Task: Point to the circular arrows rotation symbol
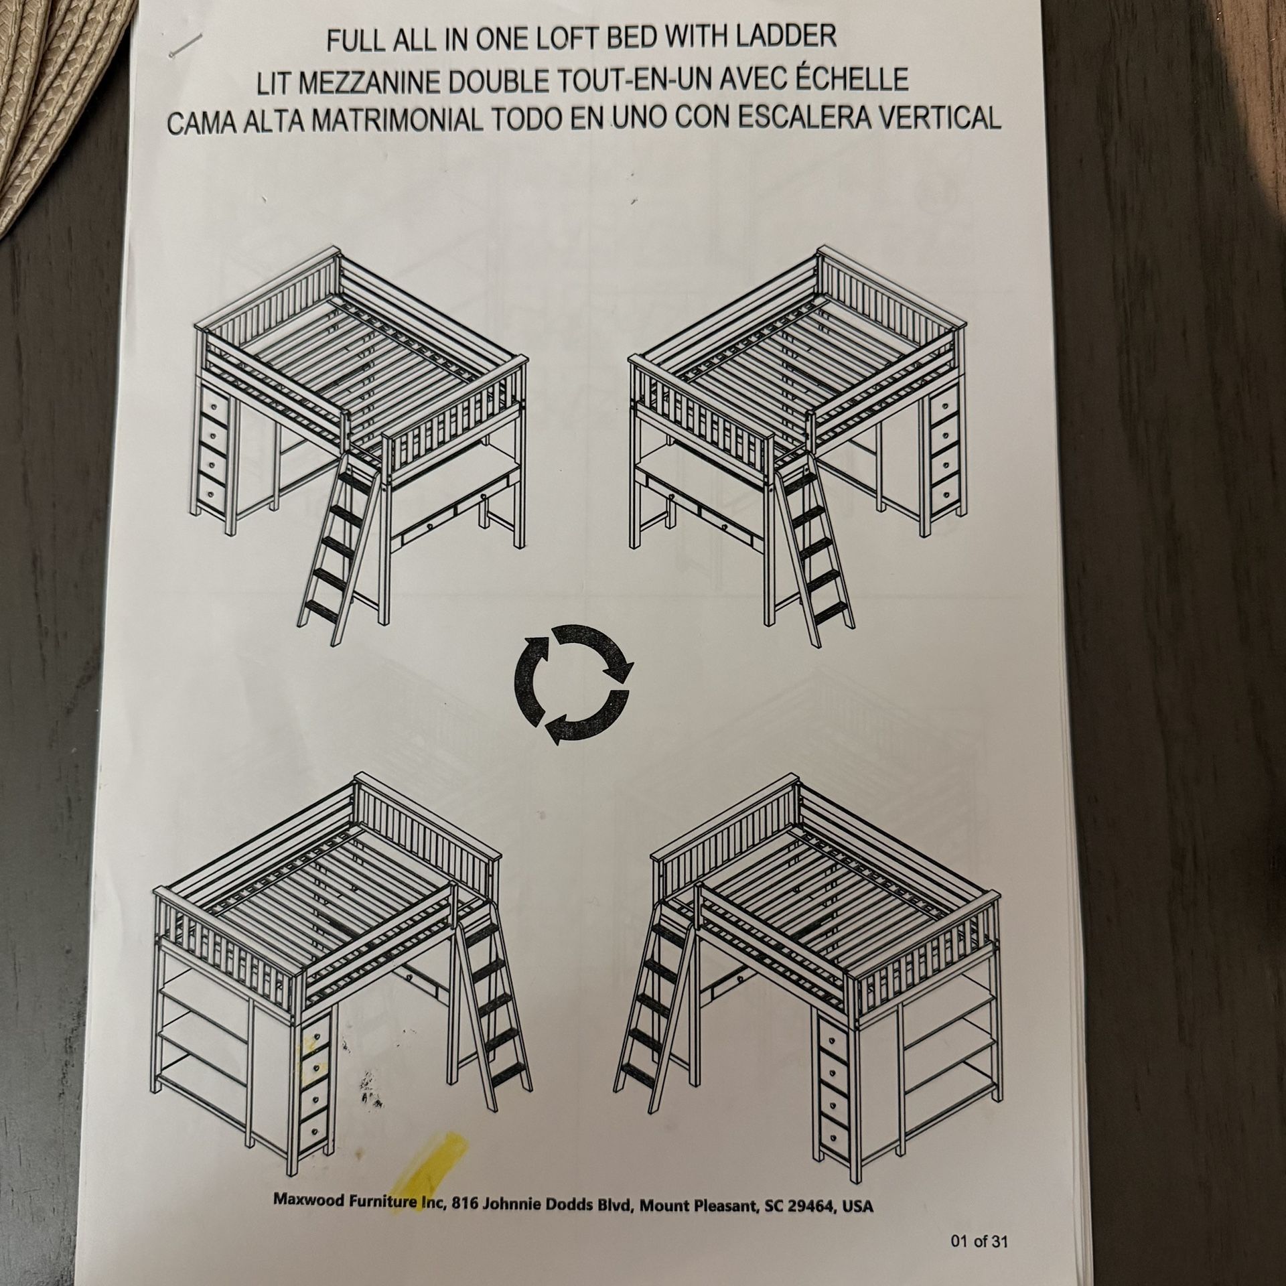[571, 685]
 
